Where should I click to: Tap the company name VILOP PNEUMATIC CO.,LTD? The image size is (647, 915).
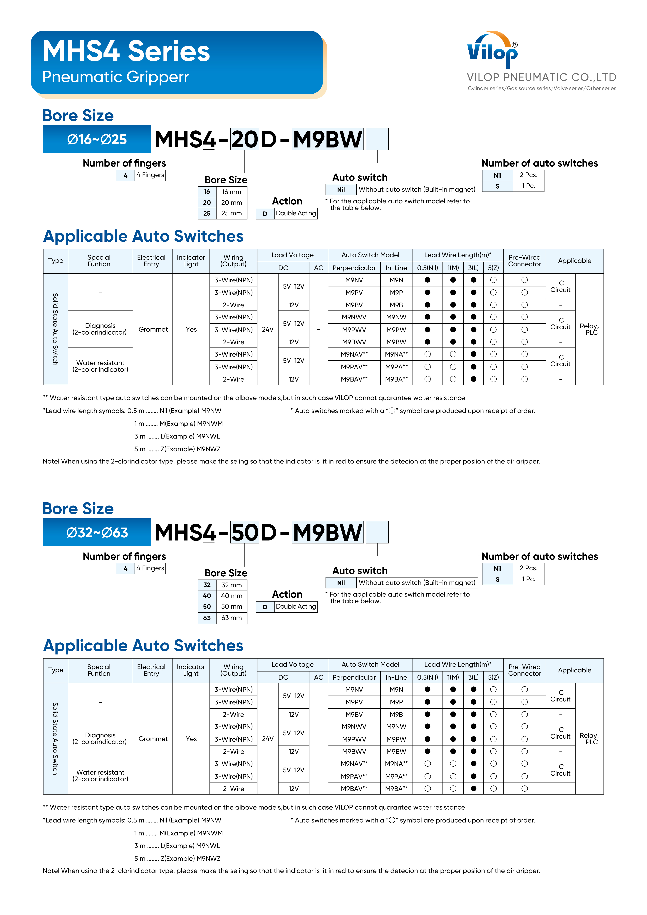[x=541, y=77]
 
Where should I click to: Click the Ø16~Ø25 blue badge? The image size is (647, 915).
[x=97, y=139]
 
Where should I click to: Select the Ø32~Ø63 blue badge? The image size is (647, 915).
[x=97, y=532]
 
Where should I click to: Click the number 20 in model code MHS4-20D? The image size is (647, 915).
[x=245, y=140]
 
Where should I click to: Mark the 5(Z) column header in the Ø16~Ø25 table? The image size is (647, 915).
[x=493, y=268]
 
